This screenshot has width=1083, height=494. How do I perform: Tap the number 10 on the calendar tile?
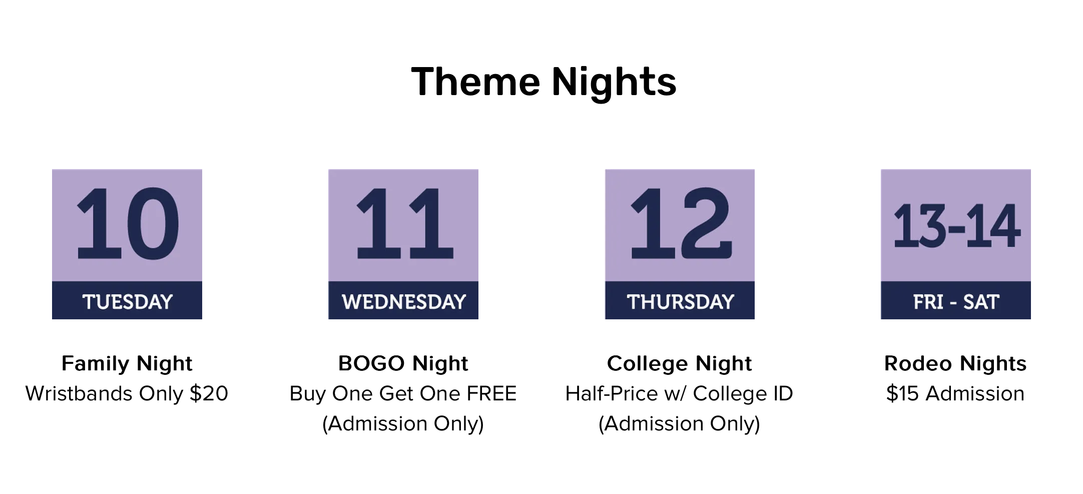[x=128, y=224]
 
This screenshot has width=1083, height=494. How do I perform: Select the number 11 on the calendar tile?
[x=404, y=224]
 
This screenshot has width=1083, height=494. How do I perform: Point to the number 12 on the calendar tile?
[x=681, y=224]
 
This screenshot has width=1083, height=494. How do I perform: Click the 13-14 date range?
[x=956, y=226]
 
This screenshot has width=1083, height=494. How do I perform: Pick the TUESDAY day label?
[x=128, y=302]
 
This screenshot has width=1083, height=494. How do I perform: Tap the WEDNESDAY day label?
[x=404, y=302]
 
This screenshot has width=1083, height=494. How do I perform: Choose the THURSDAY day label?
[x=681, y=302]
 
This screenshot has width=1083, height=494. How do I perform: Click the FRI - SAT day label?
[x=956, y=302]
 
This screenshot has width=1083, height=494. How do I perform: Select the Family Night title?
[x=127, y=364]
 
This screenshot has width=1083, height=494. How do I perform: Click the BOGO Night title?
[x=403, y=364]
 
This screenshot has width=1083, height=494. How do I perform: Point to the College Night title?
[x=680, y=364]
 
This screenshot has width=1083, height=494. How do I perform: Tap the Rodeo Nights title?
[x=955, y=364]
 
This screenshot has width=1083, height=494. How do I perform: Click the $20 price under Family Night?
[x=209, y=393]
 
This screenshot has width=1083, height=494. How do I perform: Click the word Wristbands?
[x=80, y=393]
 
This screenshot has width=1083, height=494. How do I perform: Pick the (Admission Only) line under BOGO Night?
[x=403, y=424]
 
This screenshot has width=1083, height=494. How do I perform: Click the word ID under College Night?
[x=784, y=393]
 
